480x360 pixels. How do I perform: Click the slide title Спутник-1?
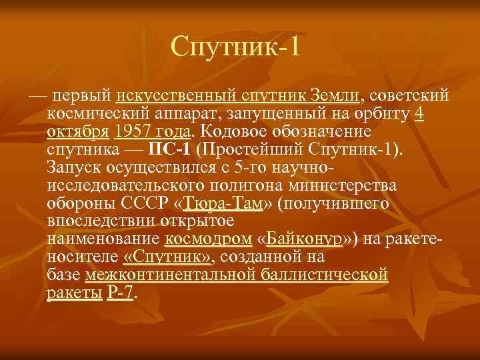(237, 47)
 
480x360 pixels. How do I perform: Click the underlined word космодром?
(207, 238)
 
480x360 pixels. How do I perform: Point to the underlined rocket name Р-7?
(120, 292)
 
